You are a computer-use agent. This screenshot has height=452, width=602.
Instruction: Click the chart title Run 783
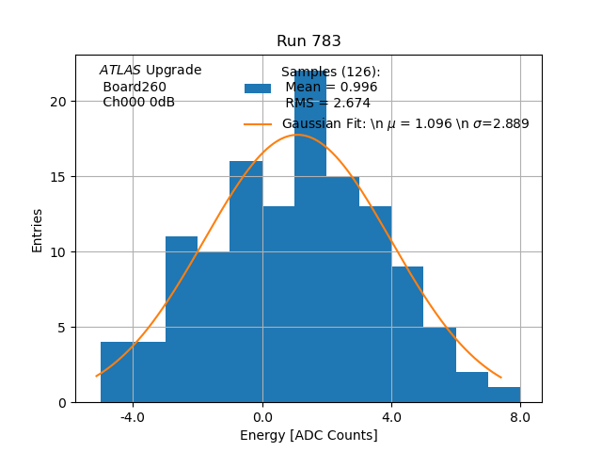(x=309, y=41)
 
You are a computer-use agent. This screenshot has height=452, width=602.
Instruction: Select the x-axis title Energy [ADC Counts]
(x=309, y=435)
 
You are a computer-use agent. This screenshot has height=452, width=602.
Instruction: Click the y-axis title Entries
(x=38, y=229)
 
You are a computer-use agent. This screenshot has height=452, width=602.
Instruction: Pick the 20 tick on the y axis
(x=59, y=102)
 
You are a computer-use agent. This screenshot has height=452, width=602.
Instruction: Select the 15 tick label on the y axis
(x=59, y=177)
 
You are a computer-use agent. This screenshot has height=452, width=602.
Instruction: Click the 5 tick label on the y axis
(x=63, y=328)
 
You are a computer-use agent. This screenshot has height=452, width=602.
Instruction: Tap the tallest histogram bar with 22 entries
(x=310, y=245)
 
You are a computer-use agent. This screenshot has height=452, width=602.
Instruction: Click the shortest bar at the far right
(x=503, y=395)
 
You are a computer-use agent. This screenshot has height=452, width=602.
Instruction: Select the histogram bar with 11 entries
(x=182, y=320)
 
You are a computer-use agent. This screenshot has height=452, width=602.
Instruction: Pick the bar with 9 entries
(x=407, y=334)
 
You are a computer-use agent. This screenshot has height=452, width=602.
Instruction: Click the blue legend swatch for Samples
(x=258, y=89)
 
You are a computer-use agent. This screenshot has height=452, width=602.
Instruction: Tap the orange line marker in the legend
(x=258, y=124)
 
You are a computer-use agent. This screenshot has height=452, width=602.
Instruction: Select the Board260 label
(x=135, y=87)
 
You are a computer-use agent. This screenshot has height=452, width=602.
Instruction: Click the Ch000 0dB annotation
(x=138, y=103)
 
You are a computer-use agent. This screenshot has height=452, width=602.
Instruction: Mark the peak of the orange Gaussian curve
(x=297, y=135)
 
